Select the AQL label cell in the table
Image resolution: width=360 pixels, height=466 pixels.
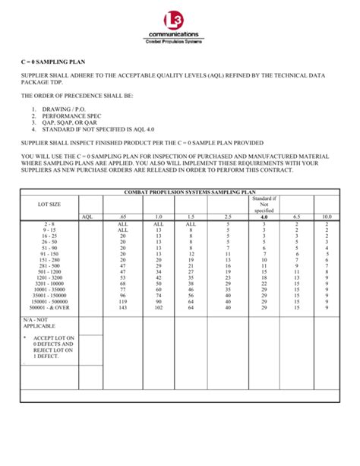pos(90,217)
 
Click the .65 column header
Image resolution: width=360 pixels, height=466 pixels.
pos(122,217)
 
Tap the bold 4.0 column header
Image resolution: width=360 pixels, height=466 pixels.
pos(264,217)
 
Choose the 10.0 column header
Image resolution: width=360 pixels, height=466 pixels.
pos(326,217)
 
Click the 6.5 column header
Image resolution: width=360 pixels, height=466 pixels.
pos(296,217)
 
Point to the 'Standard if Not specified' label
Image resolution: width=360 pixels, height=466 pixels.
pos(264,204)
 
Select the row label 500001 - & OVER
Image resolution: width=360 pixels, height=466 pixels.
pos(49,307)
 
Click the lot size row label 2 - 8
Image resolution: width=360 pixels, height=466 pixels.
pos(49,224)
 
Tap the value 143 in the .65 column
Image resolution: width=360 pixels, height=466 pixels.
pos(122,307)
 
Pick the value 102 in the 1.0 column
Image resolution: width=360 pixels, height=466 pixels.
pos(158,307)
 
